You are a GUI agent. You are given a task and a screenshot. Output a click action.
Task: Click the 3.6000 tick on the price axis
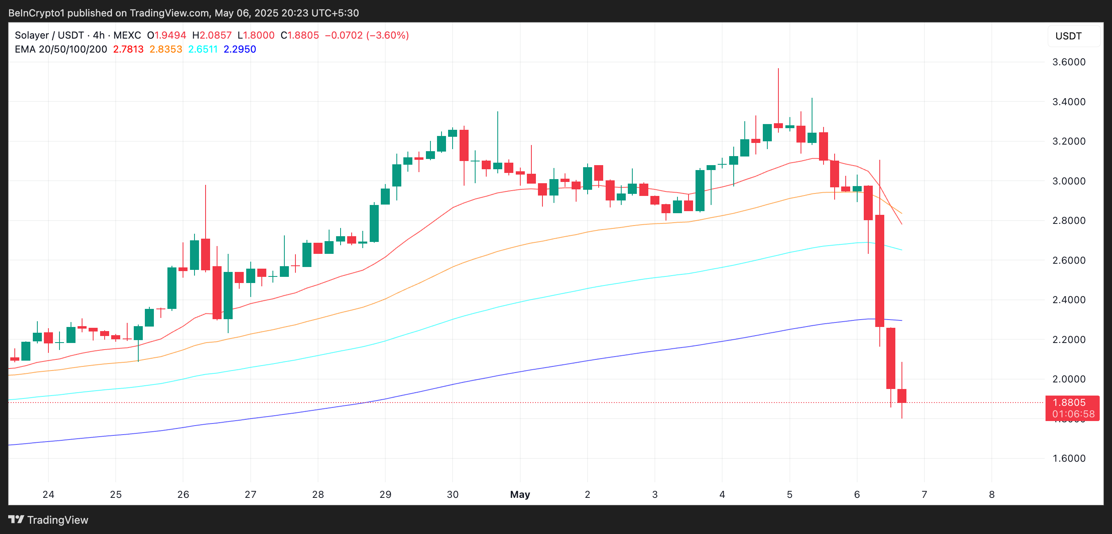[x=1069, y=62]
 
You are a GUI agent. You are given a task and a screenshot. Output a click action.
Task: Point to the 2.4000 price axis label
[x=1069, y=299]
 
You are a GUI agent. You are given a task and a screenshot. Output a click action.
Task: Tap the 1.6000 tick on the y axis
[x=1069, y=458]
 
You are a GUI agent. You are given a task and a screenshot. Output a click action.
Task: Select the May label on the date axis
[x=520, y=494]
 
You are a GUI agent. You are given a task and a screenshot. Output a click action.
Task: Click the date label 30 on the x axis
[x=453, y=494]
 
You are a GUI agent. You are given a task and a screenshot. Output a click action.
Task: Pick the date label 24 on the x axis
[x=48, y=494]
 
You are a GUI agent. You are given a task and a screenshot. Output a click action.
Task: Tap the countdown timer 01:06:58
[x=1073, y=414]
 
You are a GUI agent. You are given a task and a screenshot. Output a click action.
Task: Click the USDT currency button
[x=1069, y=36]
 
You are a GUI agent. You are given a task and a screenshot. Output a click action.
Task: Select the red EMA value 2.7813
[x=128, y=49]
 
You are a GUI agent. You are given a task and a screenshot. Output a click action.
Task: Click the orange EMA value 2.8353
[x=166, y=49]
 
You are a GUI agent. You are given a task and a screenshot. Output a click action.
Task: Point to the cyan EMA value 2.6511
[x=203, y=49]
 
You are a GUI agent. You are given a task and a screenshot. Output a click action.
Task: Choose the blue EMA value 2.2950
[x=240, y=49]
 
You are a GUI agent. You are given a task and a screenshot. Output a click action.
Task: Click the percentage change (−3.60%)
[x=387, y=35]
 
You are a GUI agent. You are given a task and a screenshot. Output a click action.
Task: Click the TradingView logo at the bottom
[x=48, y=520]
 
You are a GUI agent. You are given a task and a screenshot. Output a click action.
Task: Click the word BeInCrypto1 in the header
[x=36, y=13]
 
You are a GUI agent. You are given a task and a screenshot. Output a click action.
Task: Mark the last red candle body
[x=901, y=396]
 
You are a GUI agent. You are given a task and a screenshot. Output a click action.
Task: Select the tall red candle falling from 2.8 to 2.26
[x=879, y=270]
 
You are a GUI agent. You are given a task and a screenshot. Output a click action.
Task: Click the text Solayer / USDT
[x=49, y=35]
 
